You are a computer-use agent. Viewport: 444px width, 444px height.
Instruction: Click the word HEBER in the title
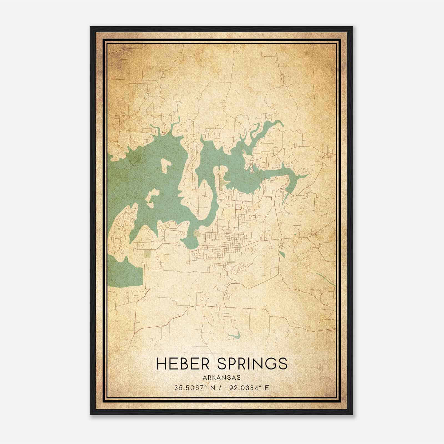(183, 363)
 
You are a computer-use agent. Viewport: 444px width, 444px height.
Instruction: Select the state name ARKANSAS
(222, 378)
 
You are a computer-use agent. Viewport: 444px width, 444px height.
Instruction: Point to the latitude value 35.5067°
(189, 388)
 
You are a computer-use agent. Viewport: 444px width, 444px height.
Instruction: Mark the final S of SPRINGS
(283, 364)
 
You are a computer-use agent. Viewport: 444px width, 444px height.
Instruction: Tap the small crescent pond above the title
(234, 337)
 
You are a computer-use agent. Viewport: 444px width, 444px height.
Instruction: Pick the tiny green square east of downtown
(295, 235)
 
